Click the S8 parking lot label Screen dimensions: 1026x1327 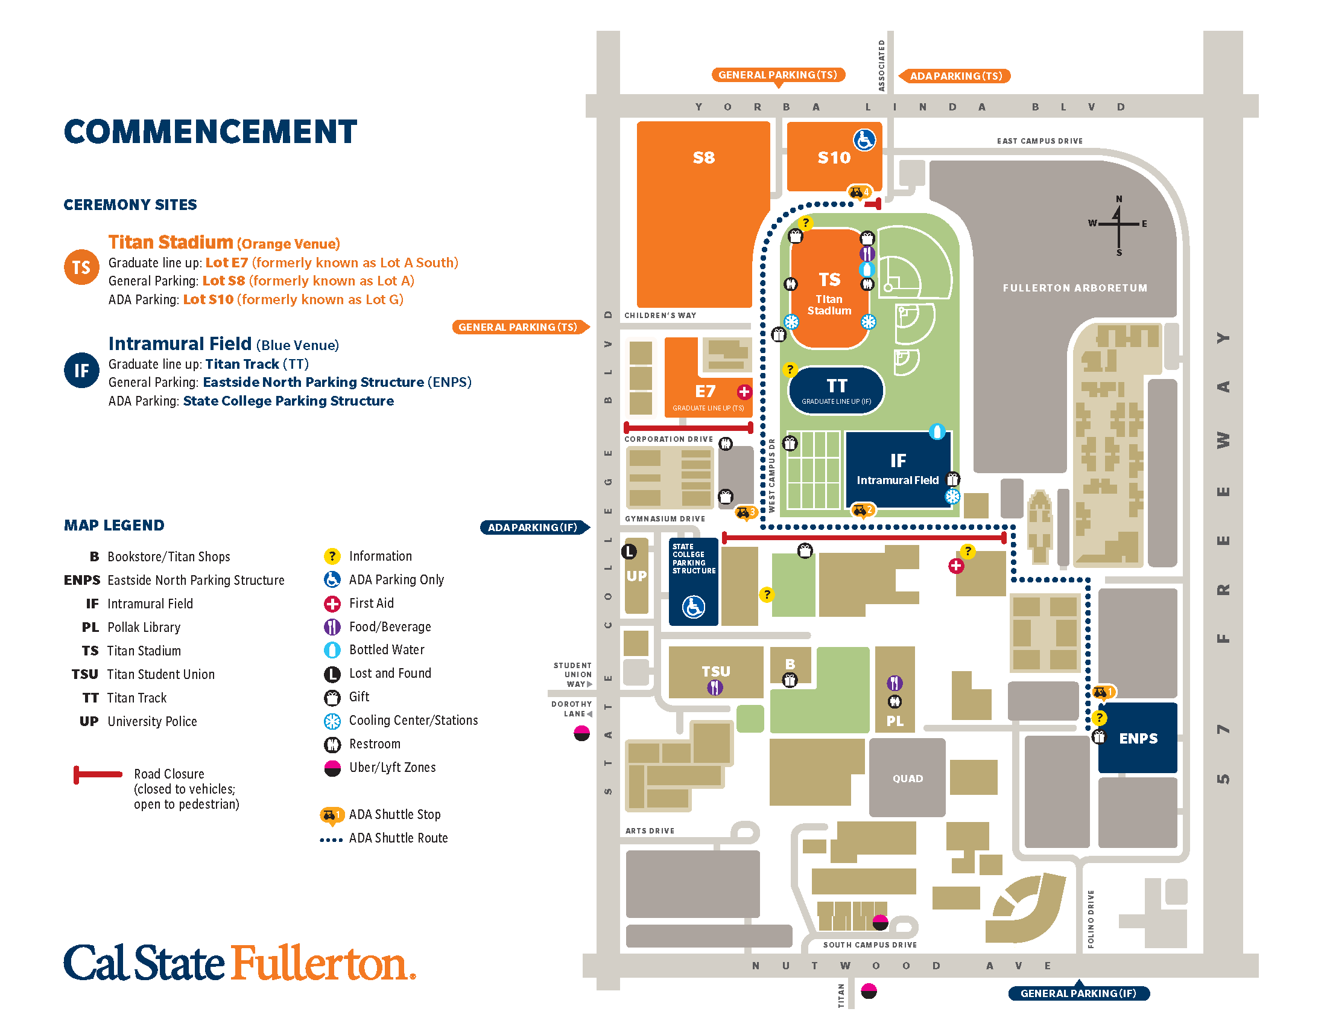[703, 158]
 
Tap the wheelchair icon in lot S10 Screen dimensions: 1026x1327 [864, 140]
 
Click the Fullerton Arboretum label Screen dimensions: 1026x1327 [1074, 288]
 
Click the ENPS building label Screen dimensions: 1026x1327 [1138, 739]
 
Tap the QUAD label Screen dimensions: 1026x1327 [907, 779]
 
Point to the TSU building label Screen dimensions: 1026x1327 [716, 671]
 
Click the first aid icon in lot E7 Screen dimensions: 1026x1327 [744, 392]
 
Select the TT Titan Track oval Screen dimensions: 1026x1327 [836, 390]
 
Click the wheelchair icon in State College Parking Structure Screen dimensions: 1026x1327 [693, 607]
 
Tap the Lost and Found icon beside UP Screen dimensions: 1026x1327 [629, 551]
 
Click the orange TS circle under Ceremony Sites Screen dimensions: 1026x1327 [81, 267]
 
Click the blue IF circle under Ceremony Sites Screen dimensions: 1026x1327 [81, 370]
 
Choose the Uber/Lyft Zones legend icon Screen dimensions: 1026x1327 [332, 768]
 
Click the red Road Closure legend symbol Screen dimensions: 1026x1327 [97, 774]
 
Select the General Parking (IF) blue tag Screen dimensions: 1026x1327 [1078, 993]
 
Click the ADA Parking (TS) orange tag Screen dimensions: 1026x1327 [955, 76]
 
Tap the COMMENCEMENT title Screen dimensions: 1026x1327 [211, 132]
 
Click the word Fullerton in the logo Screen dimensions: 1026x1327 [322, 963]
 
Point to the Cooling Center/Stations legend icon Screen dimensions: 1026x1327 [332, 721]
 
